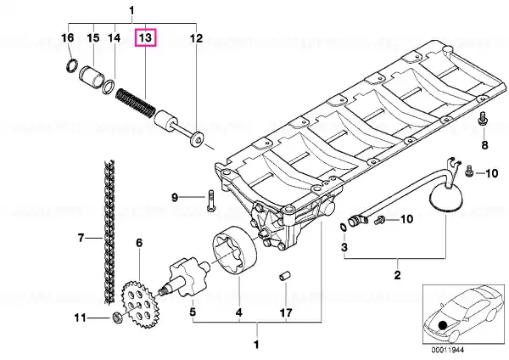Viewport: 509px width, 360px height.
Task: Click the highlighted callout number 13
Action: (145, 37)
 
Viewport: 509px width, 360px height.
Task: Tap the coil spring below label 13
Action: (136, 103)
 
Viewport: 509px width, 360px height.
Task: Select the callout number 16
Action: (68, 37)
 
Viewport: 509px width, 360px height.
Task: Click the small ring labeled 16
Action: (72, 65)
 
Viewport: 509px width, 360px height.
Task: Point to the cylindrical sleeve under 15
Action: (92, 77)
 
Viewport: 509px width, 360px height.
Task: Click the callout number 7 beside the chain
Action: (81, 238)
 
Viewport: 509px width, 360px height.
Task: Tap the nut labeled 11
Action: (117, 318)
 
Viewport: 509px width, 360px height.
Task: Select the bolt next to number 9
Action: (210, 200)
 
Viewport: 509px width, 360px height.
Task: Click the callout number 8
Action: (484, 145)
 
